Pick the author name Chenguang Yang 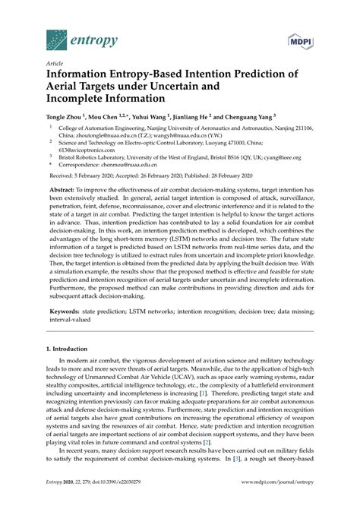tap(250, 119)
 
